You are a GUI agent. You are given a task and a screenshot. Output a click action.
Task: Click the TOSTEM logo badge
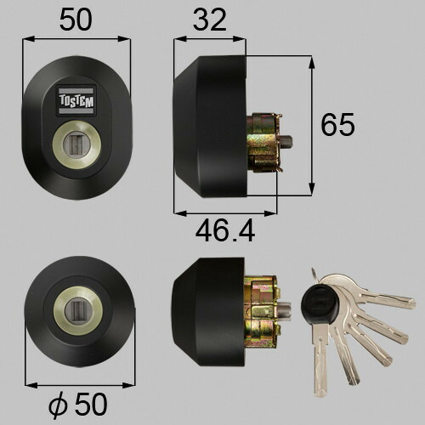coord(76,100)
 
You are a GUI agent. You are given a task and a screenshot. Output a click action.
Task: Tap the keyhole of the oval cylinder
coord(76,144)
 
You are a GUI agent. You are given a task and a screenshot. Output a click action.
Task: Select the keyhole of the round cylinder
coord(77,310)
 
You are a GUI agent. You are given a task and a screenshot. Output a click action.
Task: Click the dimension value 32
coord(210,20)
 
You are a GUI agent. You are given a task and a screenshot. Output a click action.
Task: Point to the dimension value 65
coord(337,124)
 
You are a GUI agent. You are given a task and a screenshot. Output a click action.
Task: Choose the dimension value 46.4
coord(225,232)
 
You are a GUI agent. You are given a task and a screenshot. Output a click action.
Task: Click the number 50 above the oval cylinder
coord(76,20)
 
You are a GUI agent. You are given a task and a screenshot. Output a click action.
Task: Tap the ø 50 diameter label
coord(78,405)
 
